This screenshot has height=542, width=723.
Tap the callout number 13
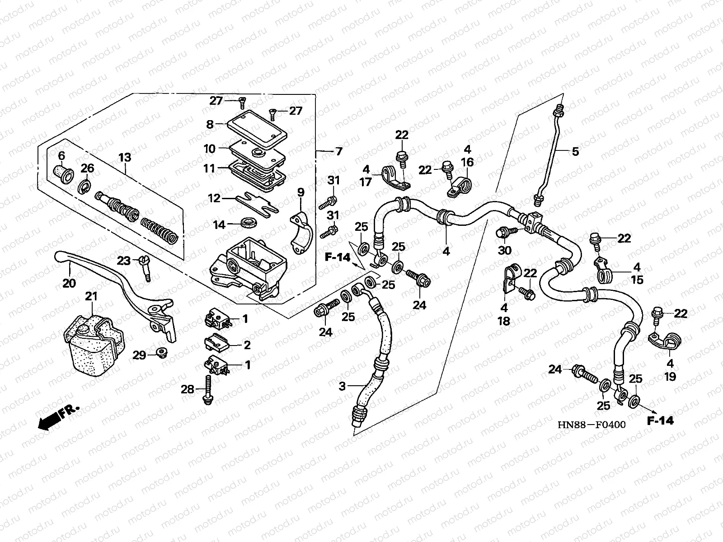[125, 158]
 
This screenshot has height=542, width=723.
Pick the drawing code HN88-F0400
[592, 425]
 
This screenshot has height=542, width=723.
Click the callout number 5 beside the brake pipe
[575, 151]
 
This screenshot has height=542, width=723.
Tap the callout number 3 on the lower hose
[342, 387]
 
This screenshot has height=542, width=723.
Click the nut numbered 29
[159, 353]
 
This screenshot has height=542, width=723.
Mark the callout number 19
[670, 376]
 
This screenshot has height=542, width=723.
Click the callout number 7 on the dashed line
[339, 151]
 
